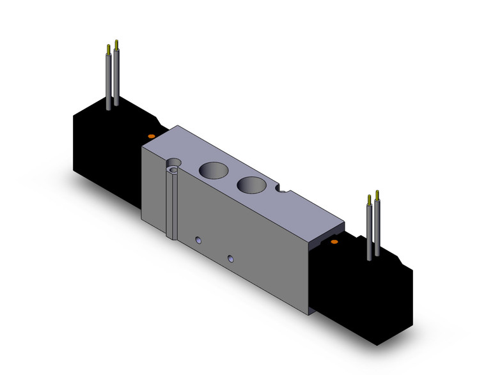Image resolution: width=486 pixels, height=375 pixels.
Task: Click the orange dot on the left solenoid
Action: [x=151, y=136]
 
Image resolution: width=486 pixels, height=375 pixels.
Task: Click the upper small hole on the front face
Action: [x=198, y=240]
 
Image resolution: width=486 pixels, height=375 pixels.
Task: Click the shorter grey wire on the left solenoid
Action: [x=108, y=80]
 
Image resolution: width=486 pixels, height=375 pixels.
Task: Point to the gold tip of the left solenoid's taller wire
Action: [x=116, y=45]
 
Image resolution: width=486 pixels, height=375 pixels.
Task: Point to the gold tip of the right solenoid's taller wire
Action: [x=377, y=195]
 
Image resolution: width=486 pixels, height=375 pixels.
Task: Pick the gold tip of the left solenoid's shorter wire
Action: [x=108, y=50]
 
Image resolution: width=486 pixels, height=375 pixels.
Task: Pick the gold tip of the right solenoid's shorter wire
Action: [x=369, y=200]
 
